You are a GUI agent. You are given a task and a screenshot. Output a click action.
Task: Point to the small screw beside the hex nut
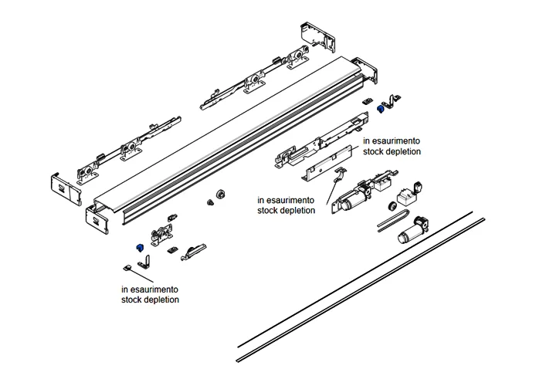pyautogui.click(x=209, y=202)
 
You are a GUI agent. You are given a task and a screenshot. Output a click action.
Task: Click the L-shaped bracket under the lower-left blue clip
pyautogui.click(x=142, y=262)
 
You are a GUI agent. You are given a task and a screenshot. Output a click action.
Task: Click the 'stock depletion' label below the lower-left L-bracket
pyautogui.click(x=150, y=299)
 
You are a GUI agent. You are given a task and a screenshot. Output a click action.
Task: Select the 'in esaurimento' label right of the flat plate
pyautogui.click(x=392, y=142)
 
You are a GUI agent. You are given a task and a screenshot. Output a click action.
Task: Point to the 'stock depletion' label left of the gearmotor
pyautogui.click(x=286, y=209)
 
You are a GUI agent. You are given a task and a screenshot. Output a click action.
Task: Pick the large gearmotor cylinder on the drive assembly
pyautogui.click(x=356, y=202)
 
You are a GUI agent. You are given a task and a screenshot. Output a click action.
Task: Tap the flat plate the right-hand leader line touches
pyautogui.click(x=324, y=168)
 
